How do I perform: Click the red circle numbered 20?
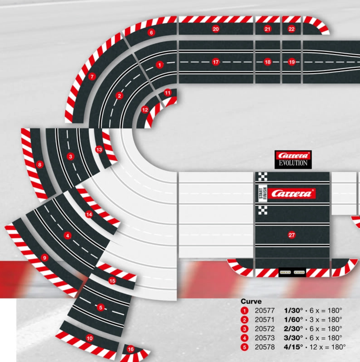click(x=215, y=29)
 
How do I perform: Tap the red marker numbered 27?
click(x=292, y=235)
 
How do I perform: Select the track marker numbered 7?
click(x=92, y=77)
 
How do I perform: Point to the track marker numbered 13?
click(x=99, y=150)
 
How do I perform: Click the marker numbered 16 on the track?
click(x=131, y=349)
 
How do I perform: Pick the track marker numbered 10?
click(x=90, y=338)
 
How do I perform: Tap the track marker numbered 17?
click(x=216, y=62)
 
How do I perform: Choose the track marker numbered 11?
click(x=167, y=93)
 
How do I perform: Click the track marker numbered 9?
click(x=45, y=258)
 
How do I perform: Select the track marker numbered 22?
click(x=291, y=29)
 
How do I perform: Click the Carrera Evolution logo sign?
click(x=293, y=159)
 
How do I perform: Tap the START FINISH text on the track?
click(x=262, y=193)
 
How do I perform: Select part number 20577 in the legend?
click(x=265, y=310)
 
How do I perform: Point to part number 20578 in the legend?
click(x=265, y=347)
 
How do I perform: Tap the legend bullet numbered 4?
click(x=244, y=338)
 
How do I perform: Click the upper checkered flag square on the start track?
click(x=262, y=177)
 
